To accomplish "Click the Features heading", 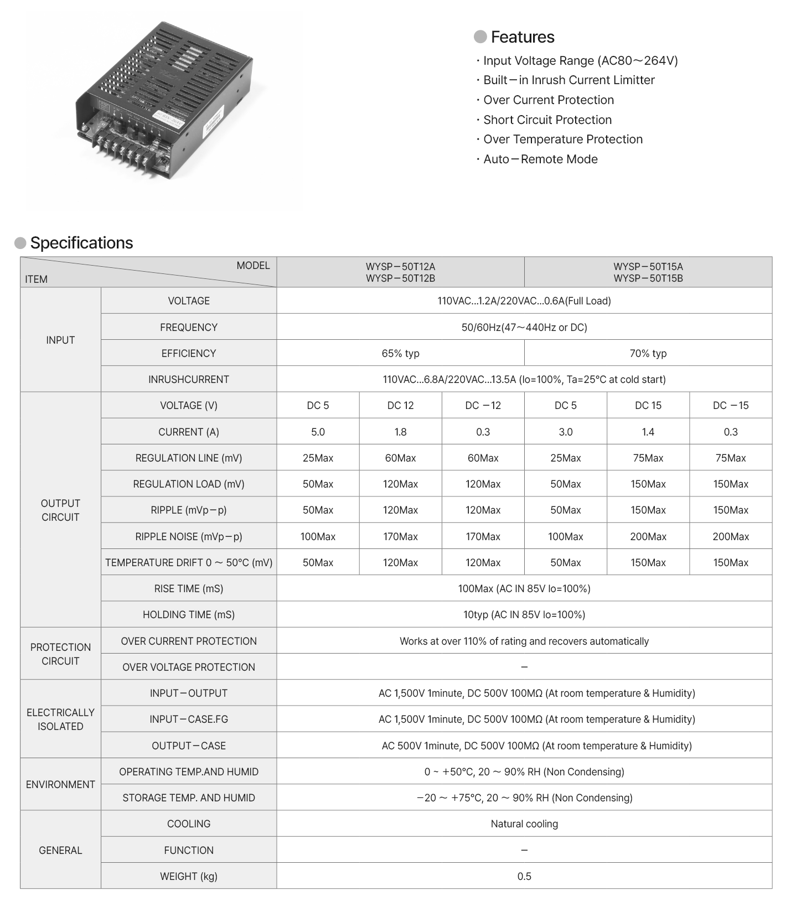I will coord(522,37).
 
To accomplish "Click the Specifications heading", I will coord(81,243).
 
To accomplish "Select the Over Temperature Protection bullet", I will coord(562,139).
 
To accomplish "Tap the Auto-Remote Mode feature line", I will coord(540,159).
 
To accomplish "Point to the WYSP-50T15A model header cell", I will coord(648,272).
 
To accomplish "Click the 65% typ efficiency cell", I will coord(400,353).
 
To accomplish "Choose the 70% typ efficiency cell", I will coord(648,353).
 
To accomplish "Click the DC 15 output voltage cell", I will coord(648,406).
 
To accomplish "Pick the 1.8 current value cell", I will coord(400,432).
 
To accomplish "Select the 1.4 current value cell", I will coord(648,432).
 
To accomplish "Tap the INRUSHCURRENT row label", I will coord(188,379).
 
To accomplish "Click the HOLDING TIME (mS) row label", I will coord(188,614).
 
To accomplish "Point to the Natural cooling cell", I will coord(524,823).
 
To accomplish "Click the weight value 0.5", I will coord(524,876).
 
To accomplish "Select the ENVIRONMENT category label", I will coord(60,784).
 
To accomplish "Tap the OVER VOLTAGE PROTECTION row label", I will coord(188,667).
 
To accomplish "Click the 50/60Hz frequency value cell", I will coord(524,327).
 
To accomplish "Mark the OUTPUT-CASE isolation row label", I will coord(188,745).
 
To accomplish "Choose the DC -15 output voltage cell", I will coord(730,406).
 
